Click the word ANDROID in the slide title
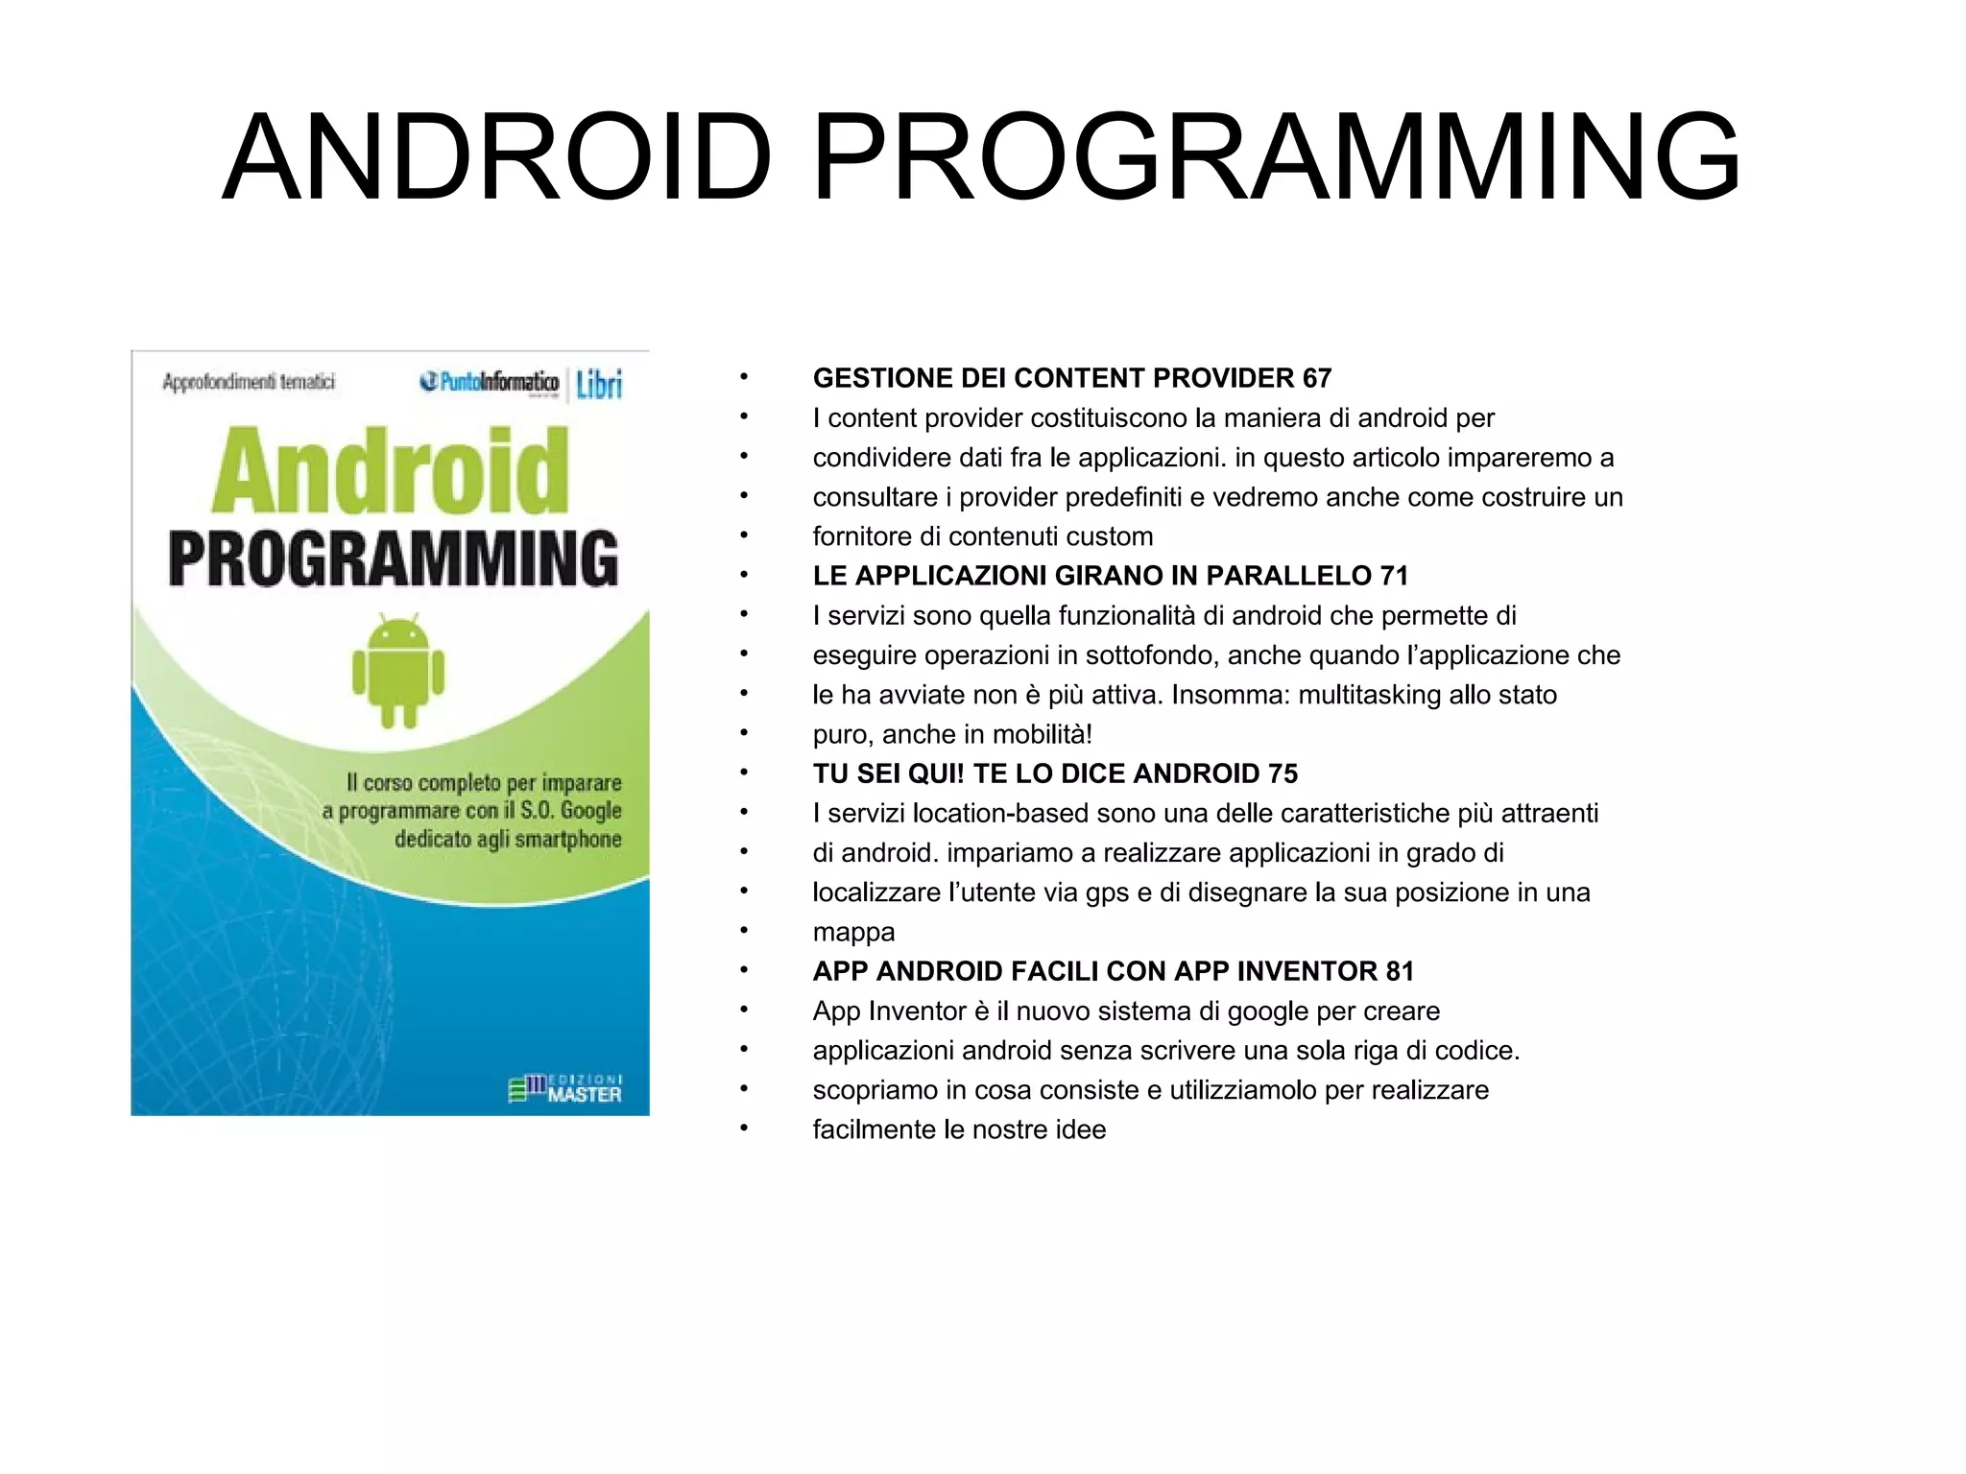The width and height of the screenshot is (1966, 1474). (496, 158)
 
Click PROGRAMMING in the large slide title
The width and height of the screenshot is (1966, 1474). (1276, 158)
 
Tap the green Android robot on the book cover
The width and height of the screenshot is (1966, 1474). (398, 671)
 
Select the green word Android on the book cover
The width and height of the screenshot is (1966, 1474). (391, 471)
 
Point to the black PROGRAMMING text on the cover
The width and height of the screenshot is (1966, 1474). (394, 559)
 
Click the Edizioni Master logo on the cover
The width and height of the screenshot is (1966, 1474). (565, 1089)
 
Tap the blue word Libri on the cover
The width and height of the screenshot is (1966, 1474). (599, 385)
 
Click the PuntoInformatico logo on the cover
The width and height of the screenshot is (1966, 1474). (490, 382)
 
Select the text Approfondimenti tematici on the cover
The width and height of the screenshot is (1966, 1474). (249, 382)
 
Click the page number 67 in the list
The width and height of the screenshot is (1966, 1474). (1316, 378)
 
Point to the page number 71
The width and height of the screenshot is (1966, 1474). (1393, 576)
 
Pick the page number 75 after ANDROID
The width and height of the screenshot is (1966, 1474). (1283, 773)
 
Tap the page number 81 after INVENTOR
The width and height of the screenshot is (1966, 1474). (1400, 971)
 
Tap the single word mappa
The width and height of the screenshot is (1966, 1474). (853, 933)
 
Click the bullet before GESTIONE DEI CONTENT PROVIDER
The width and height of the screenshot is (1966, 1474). (743, 378)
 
